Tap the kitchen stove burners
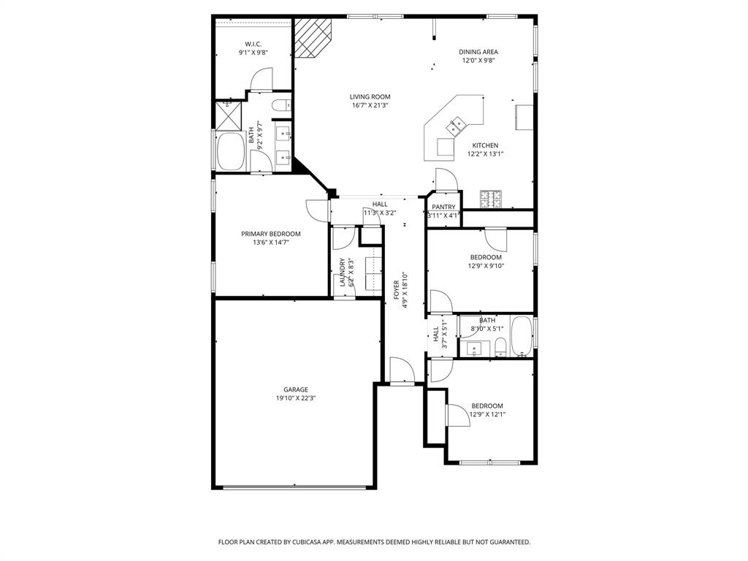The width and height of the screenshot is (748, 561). coord(490,197)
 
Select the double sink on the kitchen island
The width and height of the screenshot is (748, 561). coord(457,126)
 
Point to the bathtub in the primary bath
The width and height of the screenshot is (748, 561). coord(231,152)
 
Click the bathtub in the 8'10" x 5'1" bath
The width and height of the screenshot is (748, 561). coord(521,336)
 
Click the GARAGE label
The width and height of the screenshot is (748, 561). coord(296,389)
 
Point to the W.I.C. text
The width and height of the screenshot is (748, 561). coord(253,44)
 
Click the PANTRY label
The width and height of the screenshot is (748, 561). coord(443,207)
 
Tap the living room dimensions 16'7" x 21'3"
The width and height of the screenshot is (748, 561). coord(369,105)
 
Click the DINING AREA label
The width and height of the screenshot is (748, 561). coord(478,52)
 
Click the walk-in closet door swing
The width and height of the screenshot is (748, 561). coord(262,80)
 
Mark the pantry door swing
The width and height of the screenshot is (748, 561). coord(445,180)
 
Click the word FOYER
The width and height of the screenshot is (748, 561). coord(397,290)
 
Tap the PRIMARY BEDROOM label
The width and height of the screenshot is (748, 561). coord(270,234)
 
